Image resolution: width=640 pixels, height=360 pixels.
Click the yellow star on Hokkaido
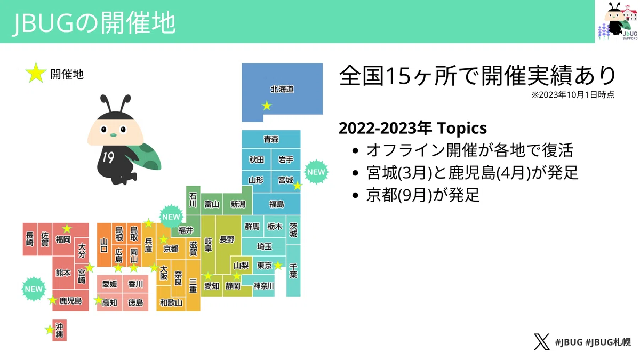(x=267, y=106)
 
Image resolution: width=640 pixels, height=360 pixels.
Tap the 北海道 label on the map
(x=282, y=90)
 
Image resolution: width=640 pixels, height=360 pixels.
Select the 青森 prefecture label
(x=271, y=139)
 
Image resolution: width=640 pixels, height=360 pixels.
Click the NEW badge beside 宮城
(x=316, y=172)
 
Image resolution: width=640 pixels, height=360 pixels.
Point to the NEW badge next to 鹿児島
(x=34, y=289)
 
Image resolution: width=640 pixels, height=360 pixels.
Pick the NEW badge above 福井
(x=171, y=217)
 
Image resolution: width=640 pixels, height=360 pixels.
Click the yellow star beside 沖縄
(x=50, y=330)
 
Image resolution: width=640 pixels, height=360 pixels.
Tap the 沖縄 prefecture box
(x=59, y=330)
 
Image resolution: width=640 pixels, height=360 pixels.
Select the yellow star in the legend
(x=36, y=73)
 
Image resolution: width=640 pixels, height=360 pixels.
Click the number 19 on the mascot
(x=108, y=157)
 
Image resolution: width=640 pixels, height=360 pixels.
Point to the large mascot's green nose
(x=114, y=135)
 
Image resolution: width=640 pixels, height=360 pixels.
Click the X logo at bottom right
(x=541, y=342)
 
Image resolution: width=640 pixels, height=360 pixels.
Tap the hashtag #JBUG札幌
(x=608, y=342)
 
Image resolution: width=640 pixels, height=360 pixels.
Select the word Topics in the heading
(x=462, y=129)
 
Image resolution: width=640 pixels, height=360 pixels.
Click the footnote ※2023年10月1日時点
(x=573, y=94)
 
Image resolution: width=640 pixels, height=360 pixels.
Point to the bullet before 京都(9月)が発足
(x=355, y=195)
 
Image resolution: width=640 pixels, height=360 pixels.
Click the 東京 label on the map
(x=265, y=266)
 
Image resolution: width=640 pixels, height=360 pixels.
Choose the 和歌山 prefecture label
(x=171, y=302)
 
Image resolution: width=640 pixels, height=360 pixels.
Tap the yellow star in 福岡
(x=67, y=229)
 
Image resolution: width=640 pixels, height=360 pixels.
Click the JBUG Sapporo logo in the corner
(x=618, y=21)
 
